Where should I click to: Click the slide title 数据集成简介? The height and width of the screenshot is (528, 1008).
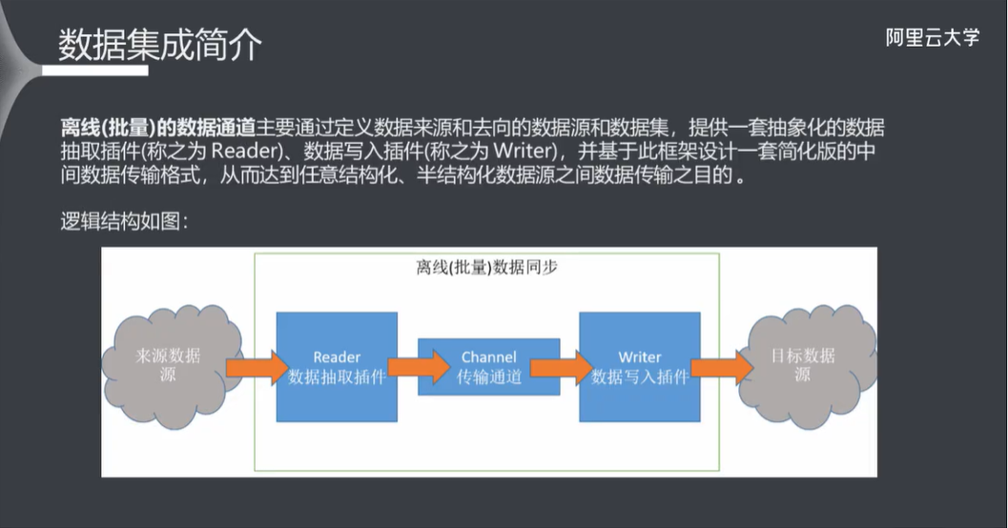tap(159, 45)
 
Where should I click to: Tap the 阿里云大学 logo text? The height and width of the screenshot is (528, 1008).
tap(932, 38)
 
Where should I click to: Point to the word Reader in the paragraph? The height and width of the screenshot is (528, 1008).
tap(249, 152)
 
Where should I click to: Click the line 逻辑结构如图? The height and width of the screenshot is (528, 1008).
tap(123, 222)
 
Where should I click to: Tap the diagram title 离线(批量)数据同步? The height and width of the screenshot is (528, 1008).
tap(486, 268)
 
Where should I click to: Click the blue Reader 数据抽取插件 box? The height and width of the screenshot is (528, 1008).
tap(337, 366)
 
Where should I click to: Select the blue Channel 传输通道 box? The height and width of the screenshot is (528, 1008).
tap(488, 366)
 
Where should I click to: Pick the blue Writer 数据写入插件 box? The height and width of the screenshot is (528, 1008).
tap(639, 366)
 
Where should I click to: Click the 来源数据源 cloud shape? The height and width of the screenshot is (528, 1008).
tap(168, 364)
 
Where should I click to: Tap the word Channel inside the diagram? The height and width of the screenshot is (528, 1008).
tap(488, 357)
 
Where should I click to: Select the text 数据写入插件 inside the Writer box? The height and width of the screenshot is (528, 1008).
tap(639, 376)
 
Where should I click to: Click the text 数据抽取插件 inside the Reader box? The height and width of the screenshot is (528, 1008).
tap(337, 376)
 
